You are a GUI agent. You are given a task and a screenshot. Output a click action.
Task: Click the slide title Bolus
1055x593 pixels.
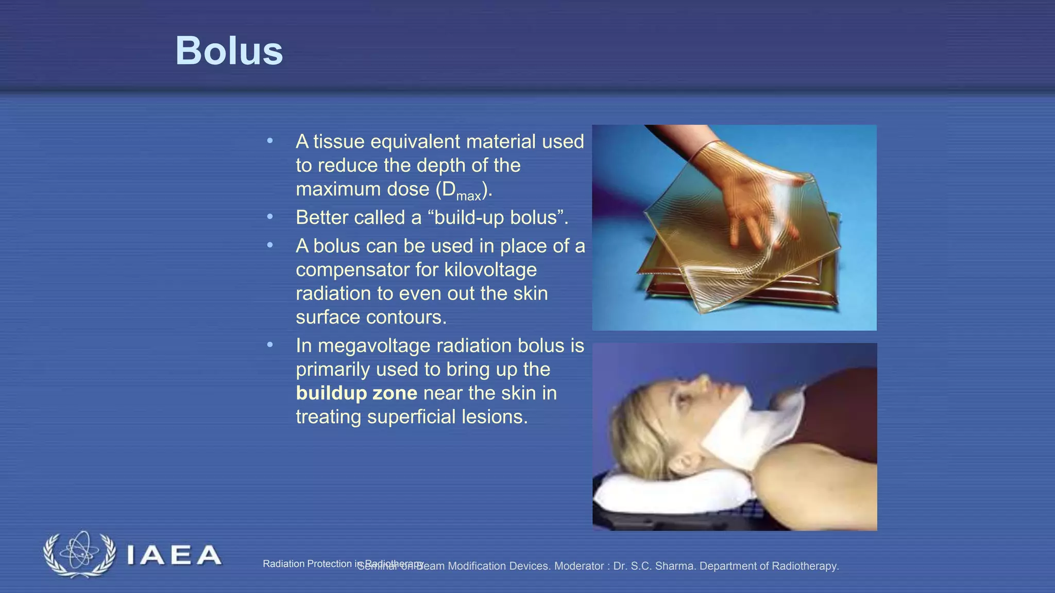[229, 51]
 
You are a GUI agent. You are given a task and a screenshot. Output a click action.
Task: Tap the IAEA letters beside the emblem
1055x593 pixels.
[174, 555]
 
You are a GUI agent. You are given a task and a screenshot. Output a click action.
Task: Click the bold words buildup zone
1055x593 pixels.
[356, 393]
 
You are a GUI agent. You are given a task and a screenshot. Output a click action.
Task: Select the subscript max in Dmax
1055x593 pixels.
[468, 197]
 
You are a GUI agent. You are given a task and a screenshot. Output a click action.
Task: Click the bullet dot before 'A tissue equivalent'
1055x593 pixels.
[270, 141]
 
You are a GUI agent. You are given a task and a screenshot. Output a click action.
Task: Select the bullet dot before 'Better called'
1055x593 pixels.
[270, 217]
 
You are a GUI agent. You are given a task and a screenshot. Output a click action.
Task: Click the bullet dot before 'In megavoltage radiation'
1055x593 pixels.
[270, 345]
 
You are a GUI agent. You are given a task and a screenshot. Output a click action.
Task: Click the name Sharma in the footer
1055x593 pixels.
[676, 566]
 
